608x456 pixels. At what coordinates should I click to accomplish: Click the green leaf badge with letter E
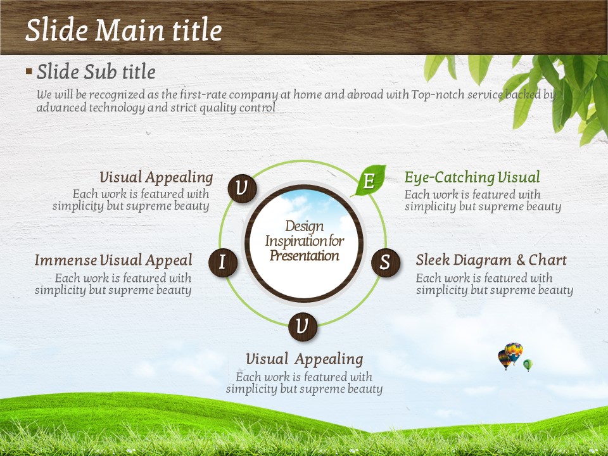[369, 180]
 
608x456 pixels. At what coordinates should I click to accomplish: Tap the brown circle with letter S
[386, 262]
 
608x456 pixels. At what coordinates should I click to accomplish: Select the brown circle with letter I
[223, 262]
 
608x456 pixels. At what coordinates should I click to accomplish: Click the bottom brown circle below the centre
[303, 327]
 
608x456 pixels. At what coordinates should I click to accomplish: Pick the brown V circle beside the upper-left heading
[243, 189]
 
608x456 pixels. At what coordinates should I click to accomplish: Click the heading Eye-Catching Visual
[472, 177]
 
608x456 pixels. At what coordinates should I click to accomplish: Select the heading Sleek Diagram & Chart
[491, 260]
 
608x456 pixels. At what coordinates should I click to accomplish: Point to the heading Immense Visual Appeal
[113, 260]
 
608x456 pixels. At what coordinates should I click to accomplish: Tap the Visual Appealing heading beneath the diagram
[305, 359]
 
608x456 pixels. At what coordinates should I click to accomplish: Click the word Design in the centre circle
[305, 227]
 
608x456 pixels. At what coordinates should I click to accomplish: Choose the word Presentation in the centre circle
[305, 256]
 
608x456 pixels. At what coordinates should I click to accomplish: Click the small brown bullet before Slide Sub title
[29, 71]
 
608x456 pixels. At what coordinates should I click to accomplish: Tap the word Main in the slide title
[129, 30]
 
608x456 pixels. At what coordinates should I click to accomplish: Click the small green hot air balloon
[528, 365]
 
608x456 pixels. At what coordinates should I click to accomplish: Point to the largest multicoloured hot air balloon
[514, 353]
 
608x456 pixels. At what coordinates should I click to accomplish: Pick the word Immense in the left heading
[65, 260]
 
